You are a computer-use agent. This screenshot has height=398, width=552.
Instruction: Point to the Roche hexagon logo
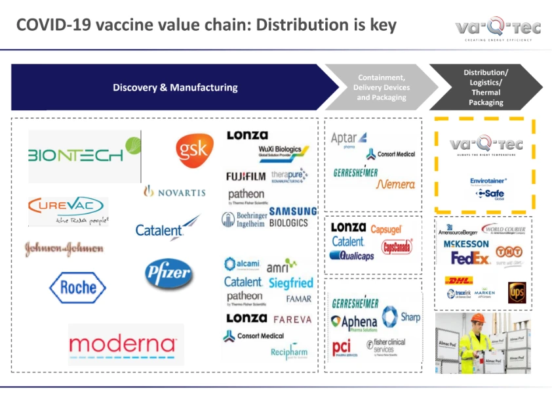(x=77, y=287)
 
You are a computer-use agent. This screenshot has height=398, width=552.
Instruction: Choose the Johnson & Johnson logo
(x=64, y=249)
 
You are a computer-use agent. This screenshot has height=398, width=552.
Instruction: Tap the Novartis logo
(x=174, y=192)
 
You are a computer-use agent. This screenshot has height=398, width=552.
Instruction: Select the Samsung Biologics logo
(x=292, y=217)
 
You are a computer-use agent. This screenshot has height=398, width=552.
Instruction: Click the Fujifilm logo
(x=245, y=177)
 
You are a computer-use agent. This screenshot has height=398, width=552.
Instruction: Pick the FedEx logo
(x=470, y=258)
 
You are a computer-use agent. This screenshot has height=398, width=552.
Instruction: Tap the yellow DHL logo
(x=458, y=280)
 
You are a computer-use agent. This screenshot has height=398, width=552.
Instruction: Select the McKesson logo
(x=465, y=244)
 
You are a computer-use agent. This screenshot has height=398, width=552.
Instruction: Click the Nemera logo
(x=395, y=185)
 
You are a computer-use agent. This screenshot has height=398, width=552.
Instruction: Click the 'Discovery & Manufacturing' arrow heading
(x=175, y=87)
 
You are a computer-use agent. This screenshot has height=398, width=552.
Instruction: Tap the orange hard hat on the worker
(x=479, y=318)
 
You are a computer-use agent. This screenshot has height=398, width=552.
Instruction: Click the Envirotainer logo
(x=488, y=181)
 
